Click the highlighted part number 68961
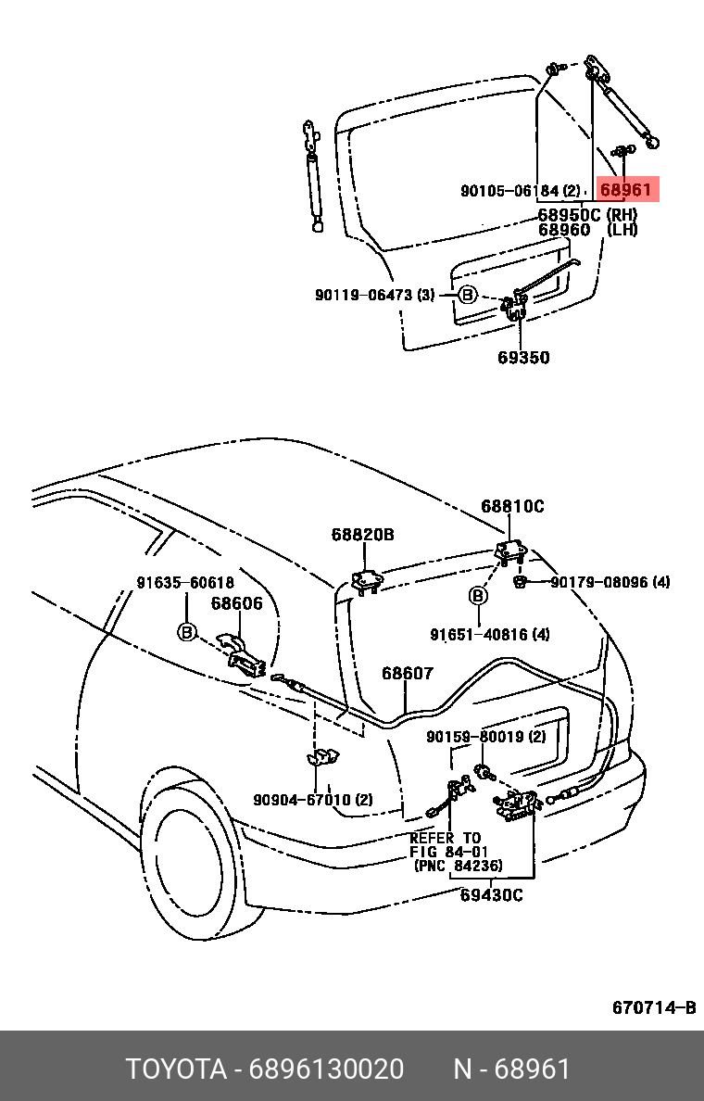click(x=626, y=190)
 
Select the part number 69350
click(x=523, y=358)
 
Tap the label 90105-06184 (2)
click(x=520, y=192)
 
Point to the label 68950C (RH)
click(x=587, y=214)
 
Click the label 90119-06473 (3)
click(x=374, y=295)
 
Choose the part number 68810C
click(x=512, y=507)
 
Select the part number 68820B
click(x=363, y=535)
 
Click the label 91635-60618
click(x=185, y=582)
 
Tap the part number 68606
click(x=236, y=603)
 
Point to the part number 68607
click(x=408, y=673)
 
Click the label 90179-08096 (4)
click(x=610, y=582)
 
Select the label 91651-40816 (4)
click(x=490, y=635)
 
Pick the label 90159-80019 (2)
click(x=486, y=737)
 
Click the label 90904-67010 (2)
click(x=313, y=800)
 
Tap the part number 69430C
click(x=492, y=894)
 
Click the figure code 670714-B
click(x=653, y=1007)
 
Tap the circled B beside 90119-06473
click(x=468, y=295)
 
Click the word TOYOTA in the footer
click(x=176, y=1069)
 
